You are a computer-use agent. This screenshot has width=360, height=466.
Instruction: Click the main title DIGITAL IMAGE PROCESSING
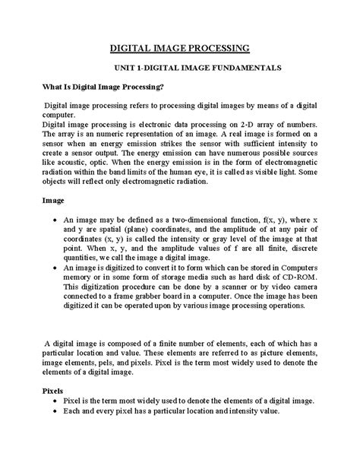(x=180, y=49)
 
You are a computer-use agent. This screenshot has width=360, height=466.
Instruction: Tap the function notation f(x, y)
(x=250, y=218)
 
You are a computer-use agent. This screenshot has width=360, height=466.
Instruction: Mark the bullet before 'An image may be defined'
(x=49, y=219)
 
